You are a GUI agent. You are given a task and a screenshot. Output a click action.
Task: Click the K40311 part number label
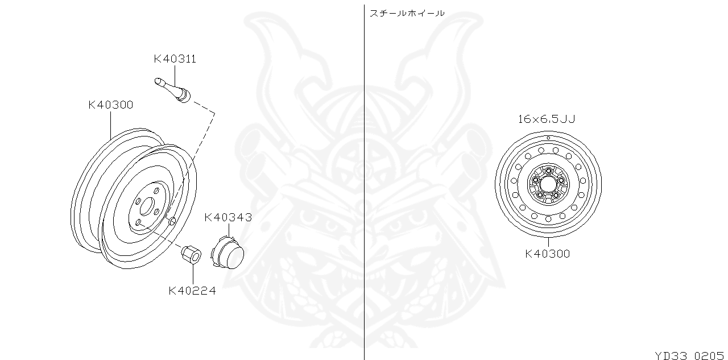[175, 59]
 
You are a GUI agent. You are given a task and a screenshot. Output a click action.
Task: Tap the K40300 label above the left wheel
[110, 105]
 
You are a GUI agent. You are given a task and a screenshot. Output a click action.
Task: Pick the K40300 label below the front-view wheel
[547, 254]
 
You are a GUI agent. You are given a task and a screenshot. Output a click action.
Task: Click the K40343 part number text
[227, 217]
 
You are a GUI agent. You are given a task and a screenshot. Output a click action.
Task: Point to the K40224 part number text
[192, 291]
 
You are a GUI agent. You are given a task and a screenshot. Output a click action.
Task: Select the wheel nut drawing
[190, 254]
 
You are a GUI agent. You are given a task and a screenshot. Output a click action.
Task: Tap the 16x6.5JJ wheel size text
[547, 119]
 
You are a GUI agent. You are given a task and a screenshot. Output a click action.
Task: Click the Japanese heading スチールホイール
[407, 13]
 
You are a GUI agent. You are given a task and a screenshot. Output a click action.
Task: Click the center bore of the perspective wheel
[146, 206]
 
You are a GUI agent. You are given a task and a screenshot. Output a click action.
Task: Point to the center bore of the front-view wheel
[548, 184]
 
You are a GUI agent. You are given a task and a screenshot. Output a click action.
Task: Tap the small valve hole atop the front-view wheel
[548, 138]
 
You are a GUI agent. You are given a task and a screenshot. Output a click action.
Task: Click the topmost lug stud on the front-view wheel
[548, 171]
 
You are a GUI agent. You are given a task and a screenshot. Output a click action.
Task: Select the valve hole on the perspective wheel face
[172, 220]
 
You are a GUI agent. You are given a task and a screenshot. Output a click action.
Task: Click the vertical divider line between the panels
[364, 182]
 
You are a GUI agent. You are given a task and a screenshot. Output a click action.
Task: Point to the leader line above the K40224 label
[192, 275]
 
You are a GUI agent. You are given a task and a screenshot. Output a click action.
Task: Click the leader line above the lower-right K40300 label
[548, 241]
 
